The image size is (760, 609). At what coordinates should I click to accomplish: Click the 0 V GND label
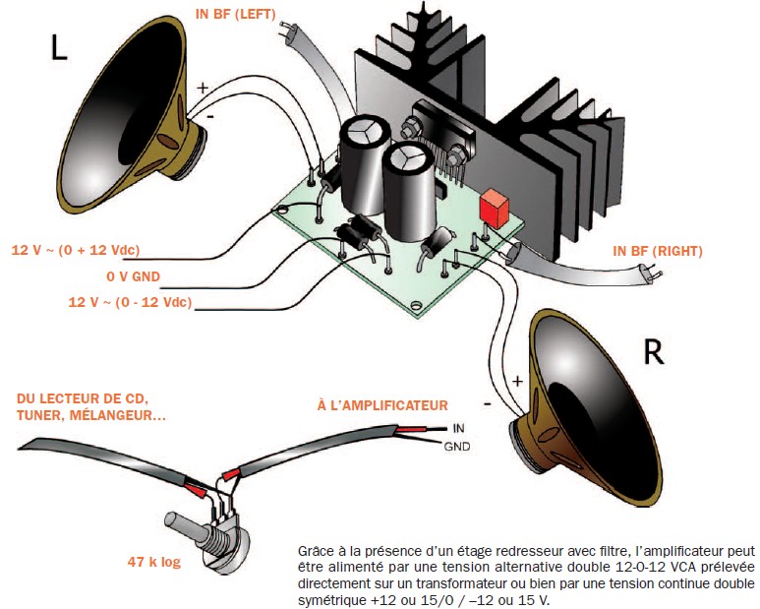[133, 276]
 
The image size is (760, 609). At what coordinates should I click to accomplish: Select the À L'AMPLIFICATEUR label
[381, 405]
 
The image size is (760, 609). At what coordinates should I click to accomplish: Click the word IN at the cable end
[457, 429]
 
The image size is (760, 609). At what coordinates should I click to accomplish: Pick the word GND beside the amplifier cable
[457, 447]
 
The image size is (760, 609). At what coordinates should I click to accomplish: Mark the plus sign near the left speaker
[204, 89]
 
